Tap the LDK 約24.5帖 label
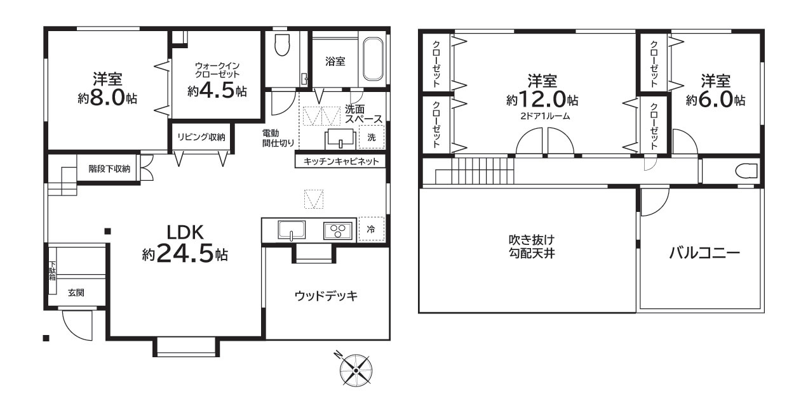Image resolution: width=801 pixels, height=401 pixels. tap(184, 244)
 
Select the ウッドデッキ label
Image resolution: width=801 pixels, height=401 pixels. tap(326, 296)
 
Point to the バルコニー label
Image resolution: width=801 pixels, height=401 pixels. tap(704, 254)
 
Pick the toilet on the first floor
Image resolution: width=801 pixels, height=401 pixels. tap(281, 46)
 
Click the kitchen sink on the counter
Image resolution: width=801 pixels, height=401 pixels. tap(291, 230)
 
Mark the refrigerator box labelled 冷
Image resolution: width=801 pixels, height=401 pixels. tap(370, 230)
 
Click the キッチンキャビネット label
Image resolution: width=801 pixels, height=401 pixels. tap(340, 162)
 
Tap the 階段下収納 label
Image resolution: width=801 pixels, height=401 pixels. tap(109, 169)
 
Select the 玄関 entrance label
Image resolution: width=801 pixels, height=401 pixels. tap(76, 293)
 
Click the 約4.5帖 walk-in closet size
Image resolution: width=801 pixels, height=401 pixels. tap(217, 91)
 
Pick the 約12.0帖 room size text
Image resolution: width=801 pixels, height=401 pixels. tap(542, 100)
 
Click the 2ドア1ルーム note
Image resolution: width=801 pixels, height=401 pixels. tap(542, 116)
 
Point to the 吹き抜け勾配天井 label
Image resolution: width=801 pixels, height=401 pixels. tap(527, 247)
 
